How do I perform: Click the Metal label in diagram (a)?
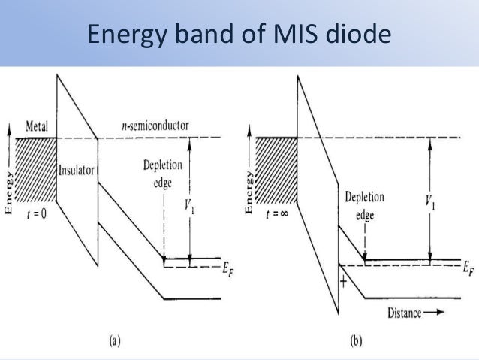tap(38, 125)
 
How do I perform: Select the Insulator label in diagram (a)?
tap(76, 170)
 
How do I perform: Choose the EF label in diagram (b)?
tap(468, 268)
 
